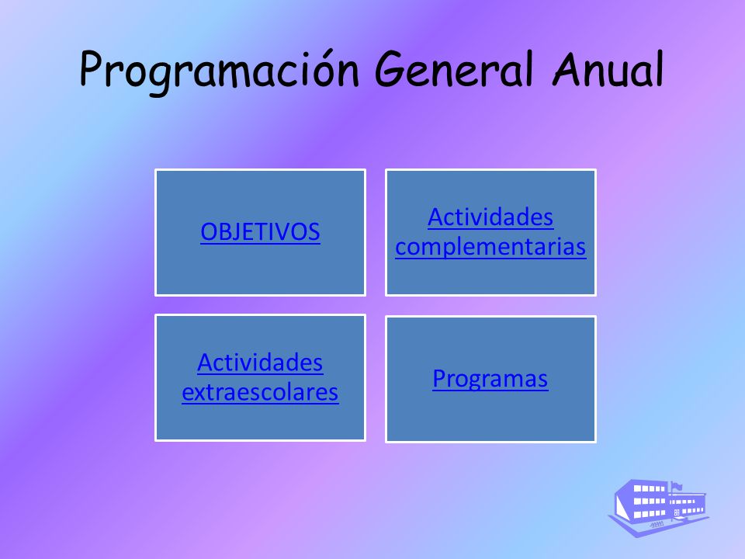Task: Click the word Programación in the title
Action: click(219, 71)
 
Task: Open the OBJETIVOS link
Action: click(260, 232)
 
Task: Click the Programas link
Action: click(490, 379)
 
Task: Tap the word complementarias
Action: click(490, 247)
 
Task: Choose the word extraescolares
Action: click(261, 392)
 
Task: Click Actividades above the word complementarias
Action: click(490, 217)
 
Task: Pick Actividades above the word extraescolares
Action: click(260, 363)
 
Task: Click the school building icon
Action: click(659, 508)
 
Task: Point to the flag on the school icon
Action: click(677, 486)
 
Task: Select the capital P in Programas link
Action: click(438, 378)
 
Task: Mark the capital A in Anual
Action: click(569, 69)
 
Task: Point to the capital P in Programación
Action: click(92, 69)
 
